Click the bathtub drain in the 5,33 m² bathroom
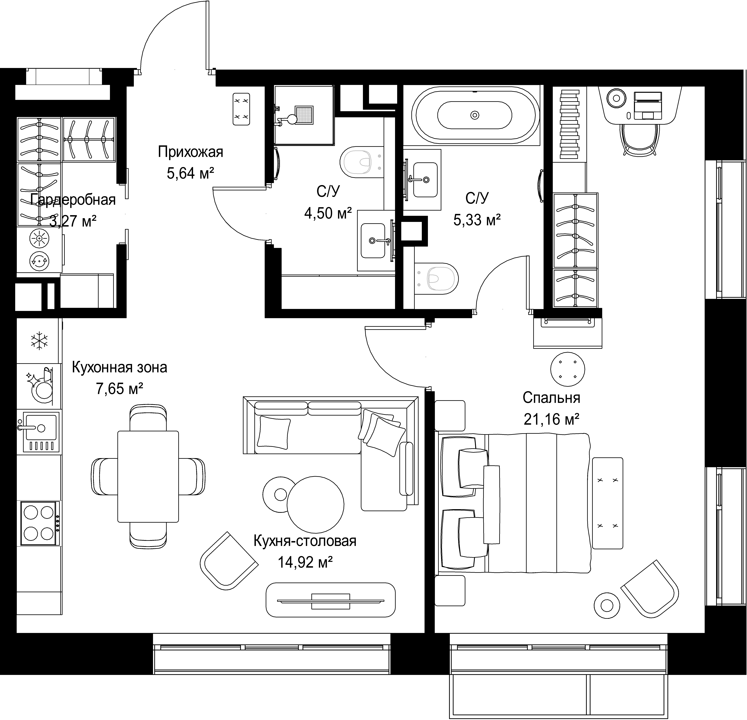point(474,115)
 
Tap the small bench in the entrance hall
point(241,109)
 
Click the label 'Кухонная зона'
point(119,367)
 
